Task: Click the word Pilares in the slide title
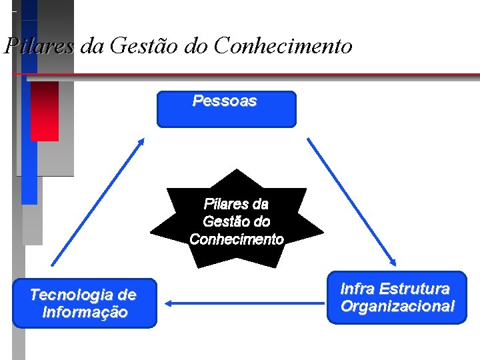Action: [x=39, y=46]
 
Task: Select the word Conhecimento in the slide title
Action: [x=283, y=46]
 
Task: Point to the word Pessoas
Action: [x=225, y=101]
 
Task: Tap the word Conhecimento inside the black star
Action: [x=237, y=239]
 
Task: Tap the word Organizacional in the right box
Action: [x=397, y=307]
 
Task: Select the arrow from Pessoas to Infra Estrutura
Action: [x=351, y=202]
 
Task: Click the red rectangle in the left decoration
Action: [x=45, y=111]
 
